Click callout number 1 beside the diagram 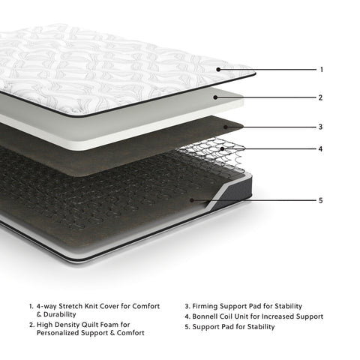(x=321, y=70)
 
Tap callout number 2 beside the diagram (x=321, y=97)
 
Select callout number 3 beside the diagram (x=321, y=127)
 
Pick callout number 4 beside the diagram (x=321, y=148)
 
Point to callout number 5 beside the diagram (x=321, y=200)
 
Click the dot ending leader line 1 (x=220, y=70)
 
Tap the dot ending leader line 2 (x=216, y=97)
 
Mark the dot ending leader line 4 (x=222, y=148)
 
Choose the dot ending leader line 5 (x=192, y=200)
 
